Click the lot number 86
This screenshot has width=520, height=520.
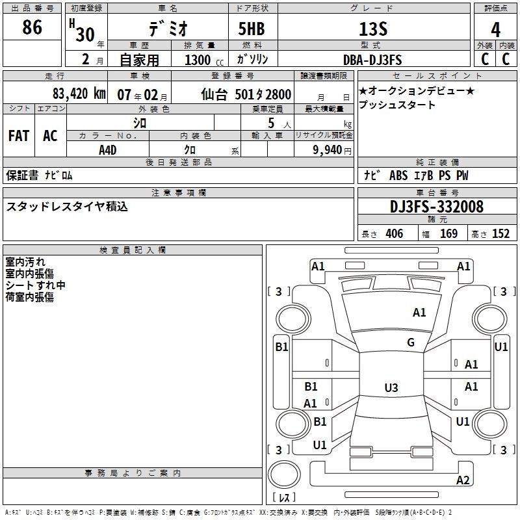pyautogui.click(x=32, y=28)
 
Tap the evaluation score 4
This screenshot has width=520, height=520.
pyautogui.click(x=495, y=29)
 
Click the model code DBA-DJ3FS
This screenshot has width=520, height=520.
pyautogui.click(x=372, y=60)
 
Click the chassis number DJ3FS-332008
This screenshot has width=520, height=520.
pyautogui.click(x=436, y=207)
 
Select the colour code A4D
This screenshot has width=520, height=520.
pyautogui.click(x=108, y=149)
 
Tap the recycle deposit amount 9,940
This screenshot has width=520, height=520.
pyautogui.click(x=327, y=149)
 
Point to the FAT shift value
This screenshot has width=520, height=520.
pyautogui.click(x=19, y=135)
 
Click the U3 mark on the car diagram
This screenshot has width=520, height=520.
pyautogui.click(x=391, y=387)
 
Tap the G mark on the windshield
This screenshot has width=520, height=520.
pyautogui.click(x=410, y=343)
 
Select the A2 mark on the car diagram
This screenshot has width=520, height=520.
pyautogui.click(x=463, y=480)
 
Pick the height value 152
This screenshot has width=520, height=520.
pyautogui.click(x=500, y=234)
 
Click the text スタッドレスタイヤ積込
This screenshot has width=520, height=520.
pyautogui.click(x=67, y=207)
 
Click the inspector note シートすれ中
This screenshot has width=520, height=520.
pyautogui.click(x=35, y=285)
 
